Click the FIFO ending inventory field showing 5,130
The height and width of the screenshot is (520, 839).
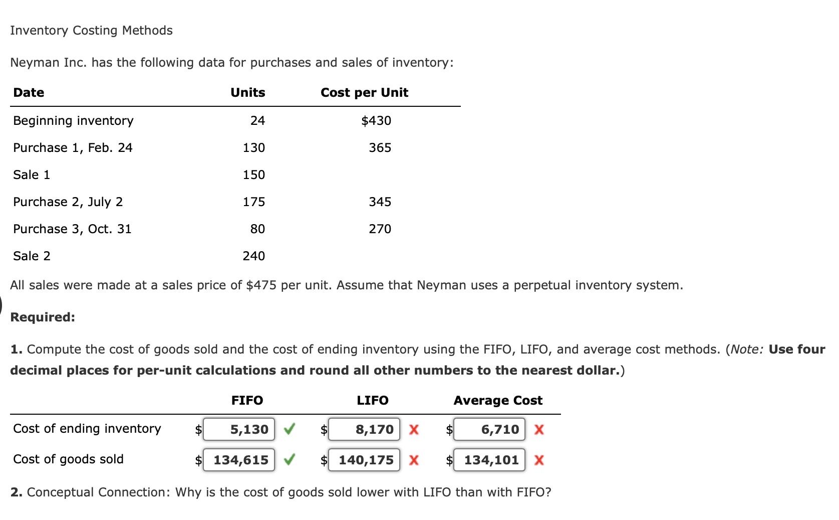pos(239,429)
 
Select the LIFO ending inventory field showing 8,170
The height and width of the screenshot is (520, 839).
pos(364,429)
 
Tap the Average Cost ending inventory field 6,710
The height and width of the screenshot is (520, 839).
pos(489,429)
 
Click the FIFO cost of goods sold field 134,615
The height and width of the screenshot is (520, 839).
pos(239,460)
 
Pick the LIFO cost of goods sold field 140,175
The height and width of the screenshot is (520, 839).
pos(364,460)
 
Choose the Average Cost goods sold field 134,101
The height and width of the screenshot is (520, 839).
pos(489,460)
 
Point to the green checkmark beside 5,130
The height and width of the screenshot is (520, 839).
pos(289,429)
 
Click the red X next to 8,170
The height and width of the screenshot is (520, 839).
pos(414,430)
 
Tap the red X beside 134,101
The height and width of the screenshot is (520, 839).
pos(539,460)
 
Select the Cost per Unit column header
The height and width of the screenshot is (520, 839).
pos(364,93)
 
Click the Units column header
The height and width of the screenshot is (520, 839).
pos(247,93)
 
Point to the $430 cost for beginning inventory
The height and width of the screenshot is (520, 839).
pos(376,121)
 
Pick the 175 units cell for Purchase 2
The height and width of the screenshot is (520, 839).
pos(253,202)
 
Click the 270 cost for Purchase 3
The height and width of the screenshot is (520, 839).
pos(380,229)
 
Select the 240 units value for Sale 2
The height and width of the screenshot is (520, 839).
pos(253,256)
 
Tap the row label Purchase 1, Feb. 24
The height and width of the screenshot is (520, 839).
pos(73,148)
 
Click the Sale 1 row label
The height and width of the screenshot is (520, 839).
pos(32,175)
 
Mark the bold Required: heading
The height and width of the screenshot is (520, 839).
pos(43,317)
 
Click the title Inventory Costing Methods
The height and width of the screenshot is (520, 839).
pos(91,31)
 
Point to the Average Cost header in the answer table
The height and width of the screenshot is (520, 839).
pos(498,401)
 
